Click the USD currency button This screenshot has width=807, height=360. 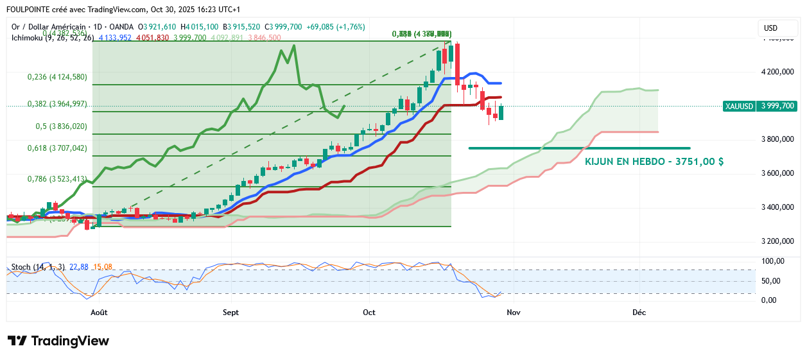point(770,28)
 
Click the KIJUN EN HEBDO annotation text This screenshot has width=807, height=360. point(654,162)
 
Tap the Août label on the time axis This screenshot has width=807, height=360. point(99,313)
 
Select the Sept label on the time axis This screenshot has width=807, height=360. point(230,313)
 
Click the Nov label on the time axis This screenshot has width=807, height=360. point(512,313)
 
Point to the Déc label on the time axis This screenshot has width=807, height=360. point(639,313)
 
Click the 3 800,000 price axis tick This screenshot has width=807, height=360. point(777,139)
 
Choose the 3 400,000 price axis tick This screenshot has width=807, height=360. point(777,207)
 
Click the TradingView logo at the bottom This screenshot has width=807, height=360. point(58,341)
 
